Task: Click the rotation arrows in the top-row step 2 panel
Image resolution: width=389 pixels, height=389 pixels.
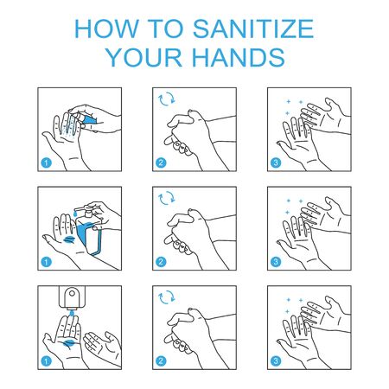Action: (x=167, y=101)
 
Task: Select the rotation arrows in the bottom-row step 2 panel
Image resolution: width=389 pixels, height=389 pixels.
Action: (x=167, y=298)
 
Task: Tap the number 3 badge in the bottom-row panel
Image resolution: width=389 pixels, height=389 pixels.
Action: (x=276, y=357)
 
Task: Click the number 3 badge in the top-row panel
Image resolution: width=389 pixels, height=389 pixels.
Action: (x=276, y=161)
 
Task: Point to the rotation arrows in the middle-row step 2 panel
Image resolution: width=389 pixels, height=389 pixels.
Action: (x=167, y=200)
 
